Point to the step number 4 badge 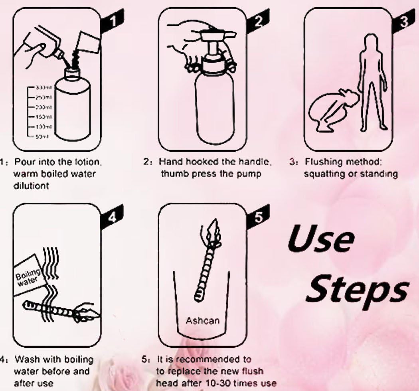tap(113, 216)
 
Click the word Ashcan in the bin tap(202, 320)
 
